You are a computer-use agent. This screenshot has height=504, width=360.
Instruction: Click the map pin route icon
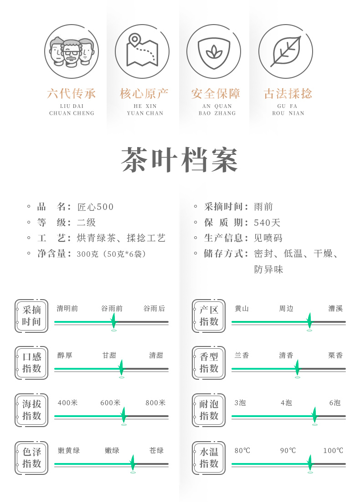[x=142, y=51]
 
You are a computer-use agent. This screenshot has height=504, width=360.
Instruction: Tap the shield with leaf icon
[x=214, y=51]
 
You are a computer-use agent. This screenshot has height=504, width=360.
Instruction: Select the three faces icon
[x=72, y=51]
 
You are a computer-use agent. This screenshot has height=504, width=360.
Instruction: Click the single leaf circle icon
[x=286, y=51]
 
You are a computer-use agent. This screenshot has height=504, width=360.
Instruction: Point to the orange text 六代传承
[x=72, y=94]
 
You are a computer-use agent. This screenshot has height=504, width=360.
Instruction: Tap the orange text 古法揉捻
[x=288, y=94]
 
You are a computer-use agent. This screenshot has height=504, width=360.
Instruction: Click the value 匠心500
[x=96, y=207]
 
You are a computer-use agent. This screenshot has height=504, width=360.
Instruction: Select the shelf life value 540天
[x=267, y=223]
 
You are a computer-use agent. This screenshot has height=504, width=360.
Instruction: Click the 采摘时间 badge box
[x=31, y=316]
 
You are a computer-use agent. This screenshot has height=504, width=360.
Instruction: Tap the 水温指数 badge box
[x=209, y=458]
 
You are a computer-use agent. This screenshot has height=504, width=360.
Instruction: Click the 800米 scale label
[x=155, y=403]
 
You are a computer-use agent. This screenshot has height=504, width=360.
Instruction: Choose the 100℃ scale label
[x=333, y=451]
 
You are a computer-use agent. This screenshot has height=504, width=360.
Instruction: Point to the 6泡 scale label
[x=335, y=403]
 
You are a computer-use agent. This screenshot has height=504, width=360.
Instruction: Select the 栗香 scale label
[x=335, y=356]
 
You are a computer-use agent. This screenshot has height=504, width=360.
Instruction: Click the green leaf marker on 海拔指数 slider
[x=123, y=415]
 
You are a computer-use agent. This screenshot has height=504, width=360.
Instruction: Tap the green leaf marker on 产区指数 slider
[x=309, y=321]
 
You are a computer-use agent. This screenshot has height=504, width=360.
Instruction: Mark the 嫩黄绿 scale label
[x=69, y=451]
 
